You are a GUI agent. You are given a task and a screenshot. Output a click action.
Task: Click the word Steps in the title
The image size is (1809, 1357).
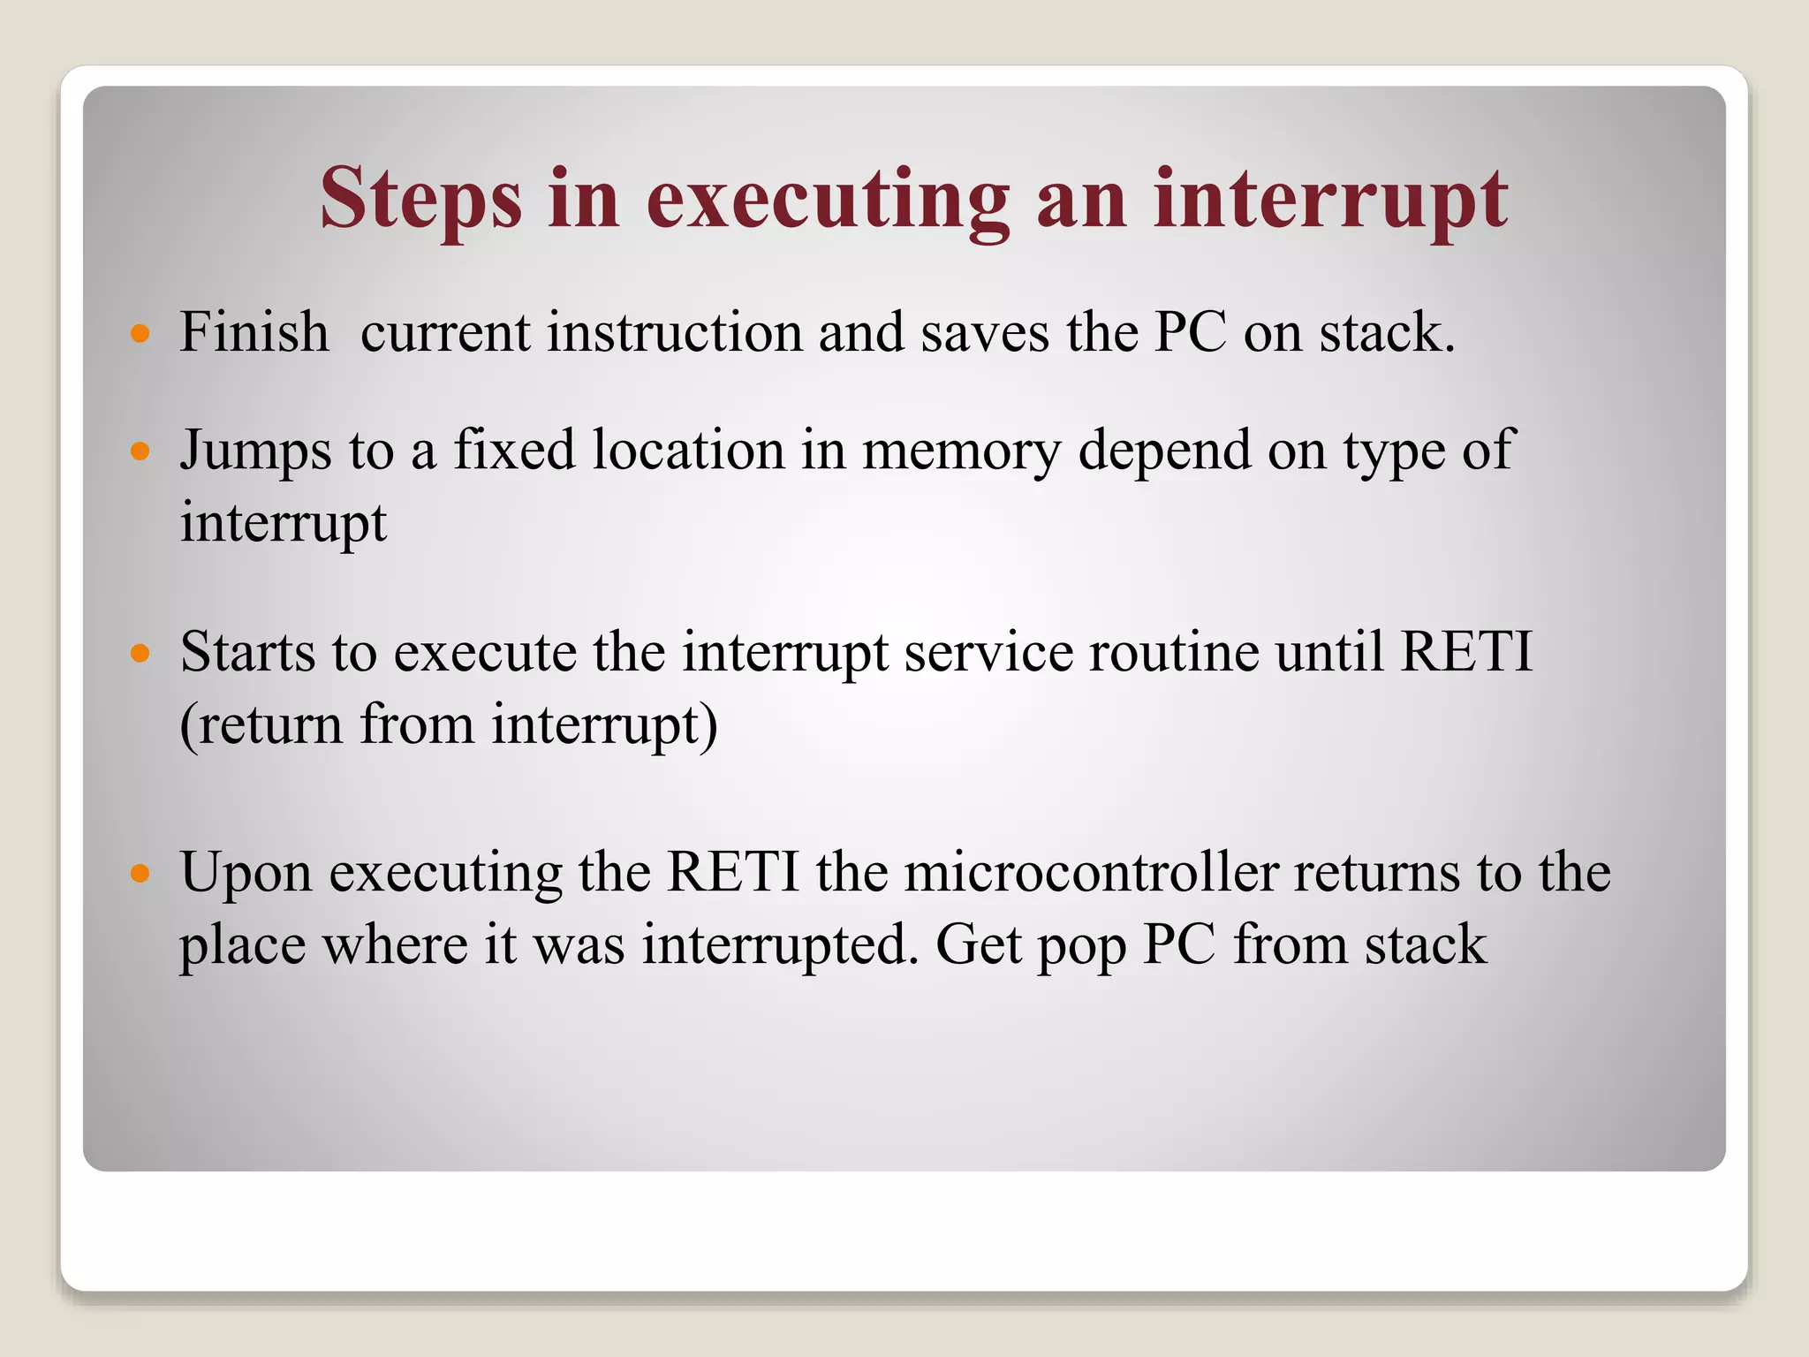(x=420, y=200)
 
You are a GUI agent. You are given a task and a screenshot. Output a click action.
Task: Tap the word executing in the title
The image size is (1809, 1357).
(x=828, y=200)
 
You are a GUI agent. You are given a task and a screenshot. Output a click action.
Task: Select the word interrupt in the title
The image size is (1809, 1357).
(x=1330, y=200)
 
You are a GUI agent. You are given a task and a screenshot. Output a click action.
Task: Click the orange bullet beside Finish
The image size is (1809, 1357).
(x=140, y=334)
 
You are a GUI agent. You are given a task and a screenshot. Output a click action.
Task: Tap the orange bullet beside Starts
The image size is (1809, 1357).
(x=140, y=655)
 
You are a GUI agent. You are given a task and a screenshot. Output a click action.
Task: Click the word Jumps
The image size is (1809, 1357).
(x=256, y=451)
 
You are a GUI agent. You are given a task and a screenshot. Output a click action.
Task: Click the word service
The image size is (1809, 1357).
(x=988, y=653)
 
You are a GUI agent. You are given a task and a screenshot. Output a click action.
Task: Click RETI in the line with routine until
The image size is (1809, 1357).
(x=1466, y=653)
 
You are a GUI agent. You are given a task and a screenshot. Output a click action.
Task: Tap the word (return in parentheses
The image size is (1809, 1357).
(x=261, y=725)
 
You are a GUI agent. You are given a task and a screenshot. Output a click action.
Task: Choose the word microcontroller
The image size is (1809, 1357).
(x=1092, y=873)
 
